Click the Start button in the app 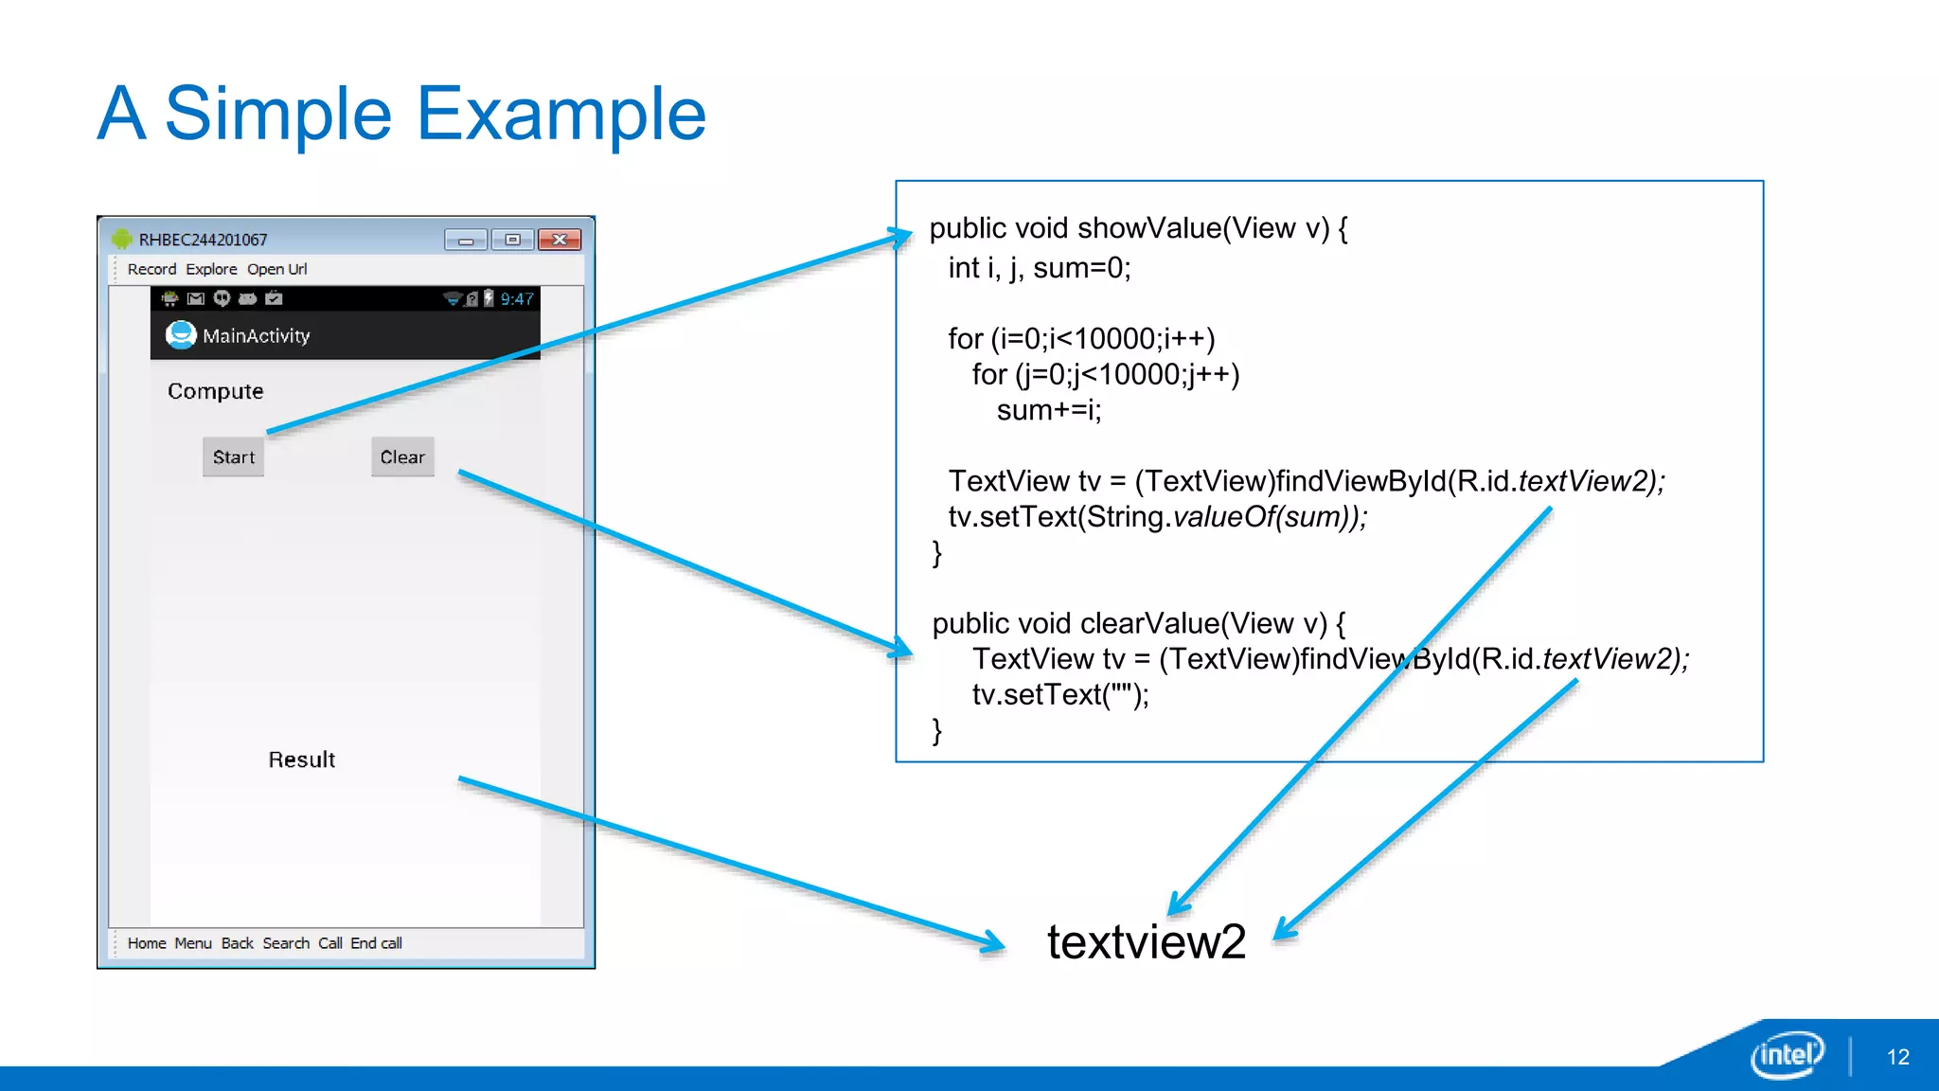[233, 457]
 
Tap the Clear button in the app [402, 457]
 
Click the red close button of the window [560, 240]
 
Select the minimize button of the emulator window [466, 240]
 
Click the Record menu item [151, 269]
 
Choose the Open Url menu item [276, 269]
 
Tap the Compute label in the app [215, 391]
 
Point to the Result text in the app [301, 760]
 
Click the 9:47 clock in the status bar [517, 299]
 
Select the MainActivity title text [256, 336]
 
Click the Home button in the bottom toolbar [147, 943]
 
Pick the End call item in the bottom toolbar [376, 943]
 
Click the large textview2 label [1146, 941]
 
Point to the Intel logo [1787, 1054]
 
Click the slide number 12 [1897, 1057]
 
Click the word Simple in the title [278, 114]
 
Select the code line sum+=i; [1049, 410]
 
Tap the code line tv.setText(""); [1060, 695]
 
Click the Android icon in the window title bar [122, 239]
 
